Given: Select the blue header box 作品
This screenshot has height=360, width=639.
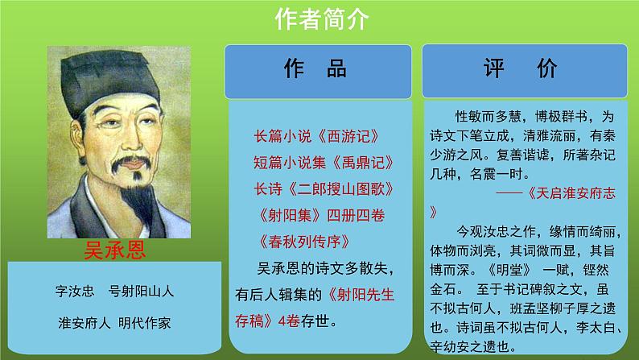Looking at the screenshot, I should click(319, 69).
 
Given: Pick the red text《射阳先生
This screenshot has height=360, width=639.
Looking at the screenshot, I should click(369, 292).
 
